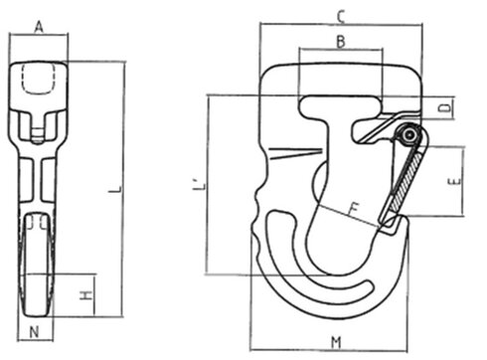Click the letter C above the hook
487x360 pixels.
point(340,15)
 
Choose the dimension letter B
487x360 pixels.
point(339,41)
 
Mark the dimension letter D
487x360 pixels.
point(448,104)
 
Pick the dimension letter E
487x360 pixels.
point(452,182)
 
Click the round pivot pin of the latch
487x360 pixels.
point(407,136)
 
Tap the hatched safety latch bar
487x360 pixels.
point(404,179)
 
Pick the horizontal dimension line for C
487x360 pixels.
point(338,26)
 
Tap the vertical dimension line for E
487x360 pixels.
point(464,181)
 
